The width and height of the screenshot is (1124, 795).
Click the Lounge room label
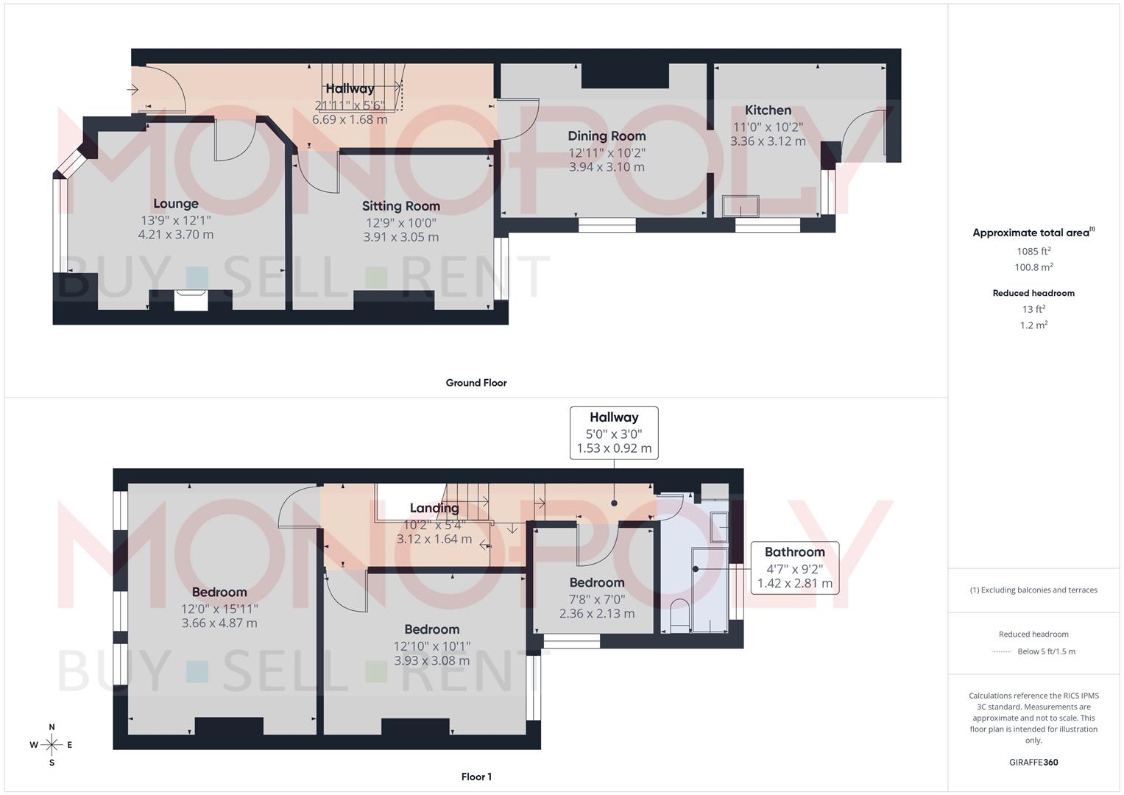[175, 204]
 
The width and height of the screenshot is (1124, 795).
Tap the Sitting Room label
[400, 206]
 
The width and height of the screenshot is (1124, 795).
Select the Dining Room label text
[607, 136]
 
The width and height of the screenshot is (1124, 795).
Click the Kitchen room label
[768, 110]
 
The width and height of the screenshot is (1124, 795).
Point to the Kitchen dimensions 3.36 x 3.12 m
[768, 141]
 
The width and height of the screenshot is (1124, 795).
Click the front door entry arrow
[133, 90]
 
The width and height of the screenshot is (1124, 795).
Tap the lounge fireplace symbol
[191, 300]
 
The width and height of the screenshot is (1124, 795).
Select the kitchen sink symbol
[741, 206]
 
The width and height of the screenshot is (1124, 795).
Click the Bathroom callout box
[794, 568]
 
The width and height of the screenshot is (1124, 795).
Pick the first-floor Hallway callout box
[614, 433]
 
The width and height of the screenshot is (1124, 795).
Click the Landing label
[434, 508]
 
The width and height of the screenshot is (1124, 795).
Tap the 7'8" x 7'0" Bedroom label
[596, 583]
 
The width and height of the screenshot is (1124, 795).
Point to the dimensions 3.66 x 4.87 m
[219, 623]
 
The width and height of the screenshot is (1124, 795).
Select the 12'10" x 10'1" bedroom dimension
[431, 646]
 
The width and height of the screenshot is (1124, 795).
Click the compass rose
[52, 745]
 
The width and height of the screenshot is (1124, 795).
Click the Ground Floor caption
[476, 383]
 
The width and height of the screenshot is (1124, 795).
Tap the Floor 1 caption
[476, 777]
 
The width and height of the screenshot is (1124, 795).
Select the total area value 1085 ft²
[1033, 251]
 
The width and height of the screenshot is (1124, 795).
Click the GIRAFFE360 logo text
[1033, 763]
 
